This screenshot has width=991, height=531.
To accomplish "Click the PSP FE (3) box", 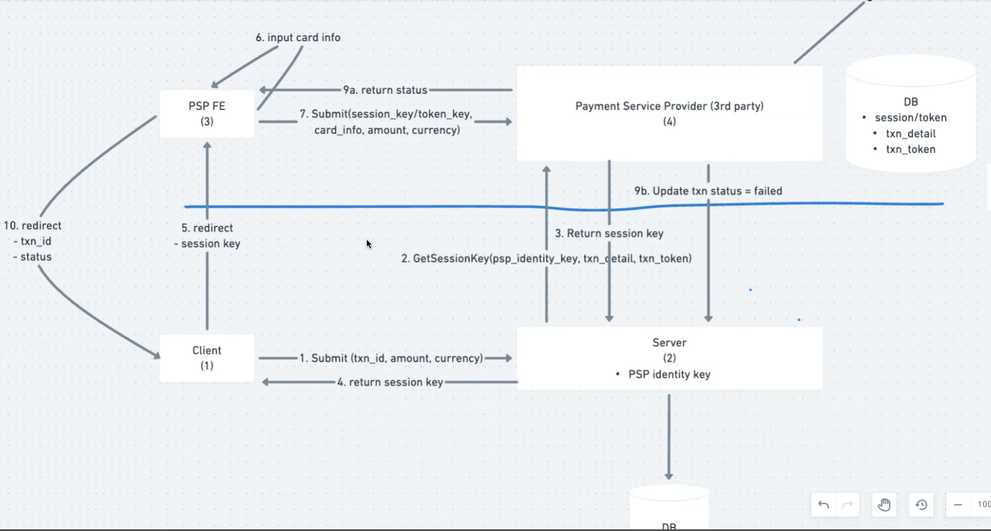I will tap(207, 113).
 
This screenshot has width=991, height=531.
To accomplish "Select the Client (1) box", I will tap(207, 358).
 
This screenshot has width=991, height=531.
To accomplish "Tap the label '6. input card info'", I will tap(298, 38).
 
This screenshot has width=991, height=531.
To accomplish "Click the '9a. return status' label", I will tap(385, 90).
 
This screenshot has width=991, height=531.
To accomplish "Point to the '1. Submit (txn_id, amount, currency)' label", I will tap(391, 358).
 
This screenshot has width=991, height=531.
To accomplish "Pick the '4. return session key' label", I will tap(390, 382).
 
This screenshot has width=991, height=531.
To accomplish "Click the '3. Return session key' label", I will tap(609, 234).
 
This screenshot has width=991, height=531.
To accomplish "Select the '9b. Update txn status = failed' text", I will tap(708, 191).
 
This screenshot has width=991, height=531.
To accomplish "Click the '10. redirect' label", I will tap(32, 226).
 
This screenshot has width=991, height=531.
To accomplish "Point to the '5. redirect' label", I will tap(207, 228).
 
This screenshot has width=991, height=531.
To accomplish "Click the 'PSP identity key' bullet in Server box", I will tap(669, 374).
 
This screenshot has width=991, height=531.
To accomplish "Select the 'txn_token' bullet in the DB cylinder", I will tap(911, 149).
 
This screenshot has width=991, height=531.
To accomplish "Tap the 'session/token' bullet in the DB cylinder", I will tap(911, 118).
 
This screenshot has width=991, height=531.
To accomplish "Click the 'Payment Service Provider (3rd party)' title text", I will tap(669, 106).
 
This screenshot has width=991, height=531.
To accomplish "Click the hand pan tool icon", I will tap(884, 505).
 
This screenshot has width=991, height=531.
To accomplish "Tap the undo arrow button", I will tap(823, 505).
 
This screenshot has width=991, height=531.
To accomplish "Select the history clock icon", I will tap(922, 505).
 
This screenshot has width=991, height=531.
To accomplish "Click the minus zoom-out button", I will tap(958, 505).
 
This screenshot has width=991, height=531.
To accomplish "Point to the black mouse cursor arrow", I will tap(368, 244).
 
